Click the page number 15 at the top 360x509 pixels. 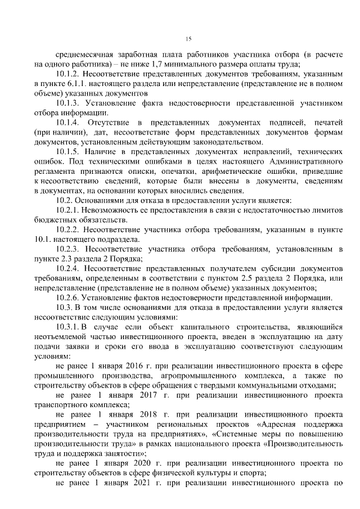click(x=189, y=38)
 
